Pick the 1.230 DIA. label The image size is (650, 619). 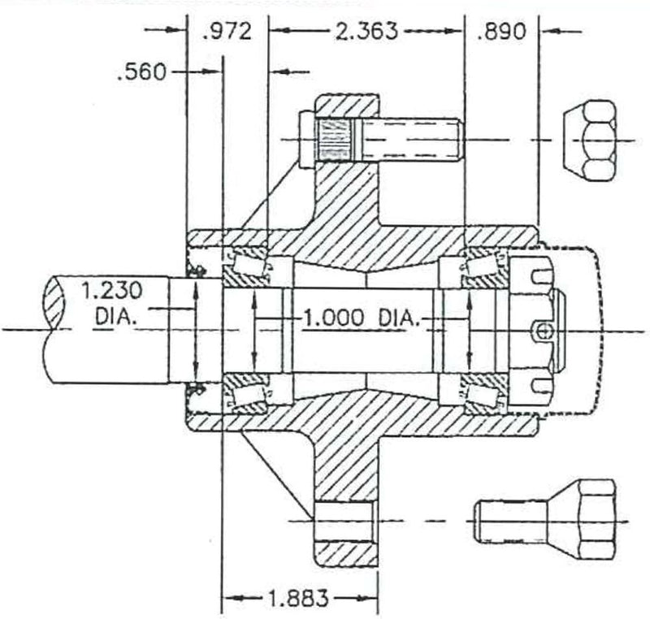point(109,301)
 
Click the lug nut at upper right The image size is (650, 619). point(589,140)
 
